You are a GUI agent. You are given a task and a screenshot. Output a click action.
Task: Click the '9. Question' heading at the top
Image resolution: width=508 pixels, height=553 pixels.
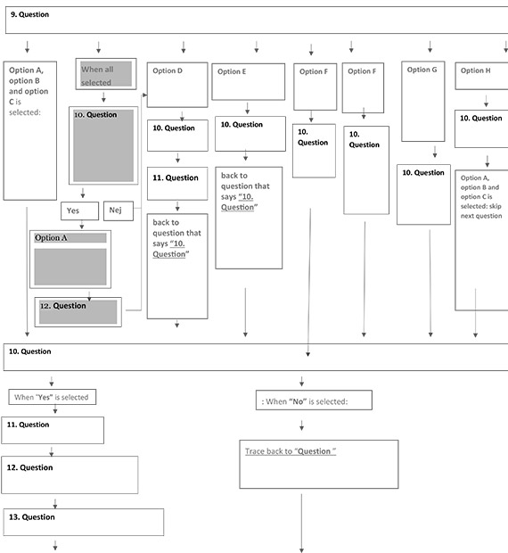29,14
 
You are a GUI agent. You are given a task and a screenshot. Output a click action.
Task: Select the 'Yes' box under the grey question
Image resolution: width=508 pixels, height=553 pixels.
79,210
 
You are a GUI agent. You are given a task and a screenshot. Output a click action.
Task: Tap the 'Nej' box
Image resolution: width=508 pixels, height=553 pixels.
119,210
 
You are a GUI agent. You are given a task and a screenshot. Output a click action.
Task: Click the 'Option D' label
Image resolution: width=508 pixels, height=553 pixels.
168,70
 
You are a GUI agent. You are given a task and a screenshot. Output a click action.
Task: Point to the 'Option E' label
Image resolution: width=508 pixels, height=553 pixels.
232,71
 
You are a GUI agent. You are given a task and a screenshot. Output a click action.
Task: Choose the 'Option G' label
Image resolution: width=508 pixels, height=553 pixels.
422,70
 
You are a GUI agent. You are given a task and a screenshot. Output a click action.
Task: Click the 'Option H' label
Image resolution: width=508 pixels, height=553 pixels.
475,70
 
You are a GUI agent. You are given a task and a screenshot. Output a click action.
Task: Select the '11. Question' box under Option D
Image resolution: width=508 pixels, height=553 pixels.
177,184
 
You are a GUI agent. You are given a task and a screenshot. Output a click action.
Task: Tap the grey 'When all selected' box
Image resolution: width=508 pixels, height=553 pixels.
106,74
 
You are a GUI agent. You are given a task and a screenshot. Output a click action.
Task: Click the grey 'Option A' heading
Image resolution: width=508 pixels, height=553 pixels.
51,238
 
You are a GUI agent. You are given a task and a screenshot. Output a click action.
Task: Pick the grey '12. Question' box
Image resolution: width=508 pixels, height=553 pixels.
78,312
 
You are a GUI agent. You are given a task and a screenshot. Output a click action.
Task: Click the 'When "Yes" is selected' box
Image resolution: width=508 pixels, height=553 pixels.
53,397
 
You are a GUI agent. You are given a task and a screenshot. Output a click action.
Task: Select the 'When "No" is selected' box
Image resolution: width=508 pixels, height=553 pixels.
314,400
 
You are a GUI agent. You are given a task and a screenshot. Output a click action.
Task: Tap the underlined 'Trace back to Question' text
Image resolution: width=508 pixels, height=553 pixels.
291,451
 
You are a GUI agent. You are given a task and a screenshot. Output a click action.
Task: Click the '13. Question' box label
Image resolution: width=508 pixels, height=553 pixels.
32,517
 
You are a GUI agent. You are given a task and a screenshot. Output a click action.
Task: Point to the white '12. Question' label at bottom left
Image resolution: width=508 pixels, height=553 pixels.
29,467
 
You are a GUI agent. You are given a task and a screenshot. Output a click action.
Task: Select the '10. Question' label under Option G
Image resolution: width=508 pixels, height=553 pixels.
423,172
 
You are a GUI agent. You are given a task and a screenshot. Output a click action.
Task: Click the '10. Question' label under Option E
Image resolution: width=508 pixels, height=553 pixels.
242,125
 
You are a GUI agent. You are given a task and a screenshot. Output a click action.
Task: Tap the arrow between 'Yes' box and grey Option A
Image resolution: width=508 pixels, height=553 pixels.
82,225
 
